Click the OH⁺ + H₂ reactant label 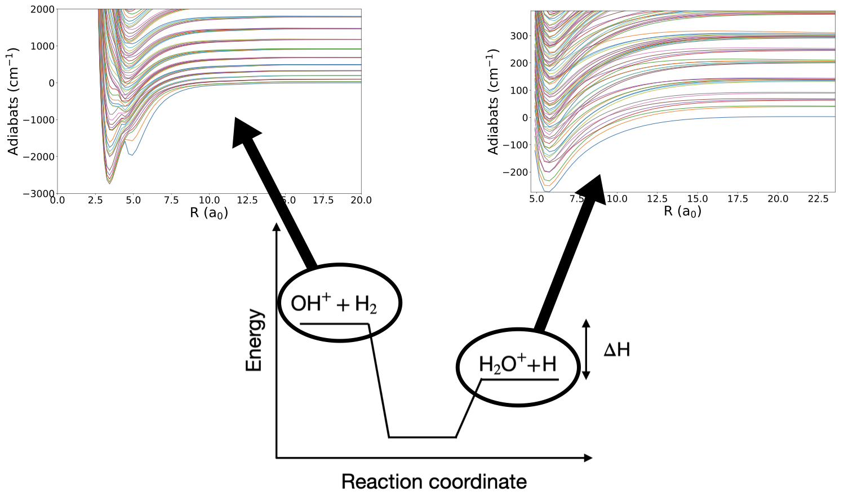334,304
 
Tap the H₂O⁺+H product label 517,365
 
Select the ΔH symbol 616,350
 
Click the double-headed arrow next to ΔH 586,349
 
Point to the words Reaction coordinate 434,482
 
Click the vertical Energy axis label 255,340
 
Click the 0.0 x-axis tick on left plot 57,200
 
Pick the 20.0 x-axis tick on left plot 361,200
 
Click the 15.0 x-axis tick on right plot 698,199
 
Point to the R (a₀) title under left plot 208,213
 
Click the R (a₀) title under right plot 682,212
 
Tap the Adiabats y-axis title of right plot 494,101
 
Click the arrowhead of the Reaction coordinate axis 587,458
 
